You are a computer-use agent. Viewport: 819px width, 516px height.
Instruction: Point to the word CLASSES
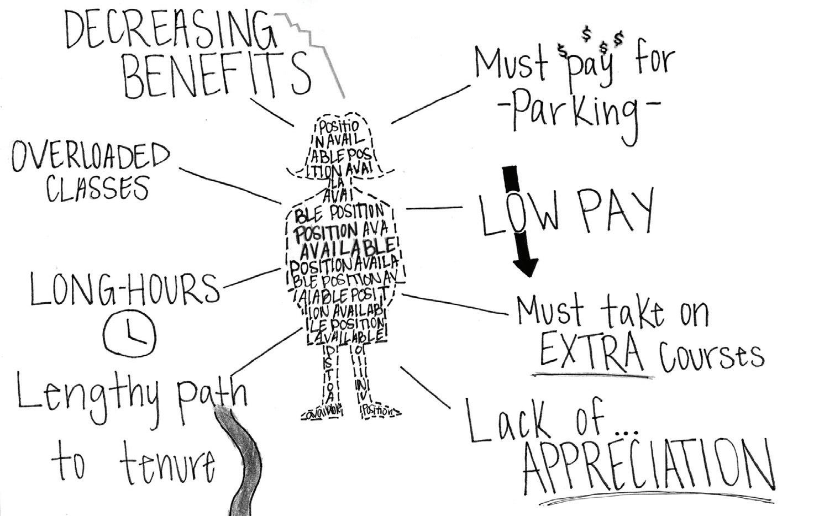tap(97, 188)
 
